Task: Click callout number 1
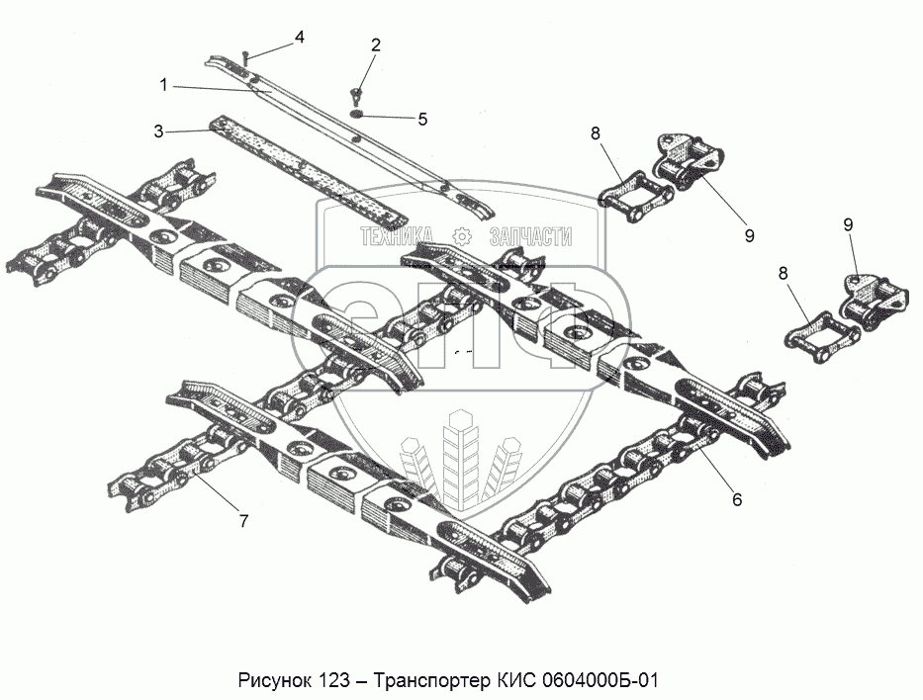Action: pyautogui.click(x=164, y=85)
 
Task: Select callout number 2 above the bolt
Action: pyautogui.click(x=375, y=44)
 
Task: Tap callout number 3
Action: pyautogui.click(x=158, y=131)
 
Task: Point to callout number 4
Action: pyautogui.click(x=298, y=38)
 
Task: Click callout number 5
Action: pyautogui.click(x=421, y=119)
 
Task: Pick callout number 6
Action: pyautogui.click(x=736, y=499)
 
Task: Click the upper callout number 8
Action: pyautogui.click(x=595, y=132)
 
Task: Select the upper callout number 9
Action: pyautogui.click(x=749, y=235)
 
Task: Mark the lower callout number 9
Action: pyautogui.click(x=848, y=224)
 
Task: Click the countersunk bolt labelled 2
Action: pyautogui.click(x=355, y=96)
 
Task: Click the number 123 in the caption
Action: pyautogui.click(x=336, y=681)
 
